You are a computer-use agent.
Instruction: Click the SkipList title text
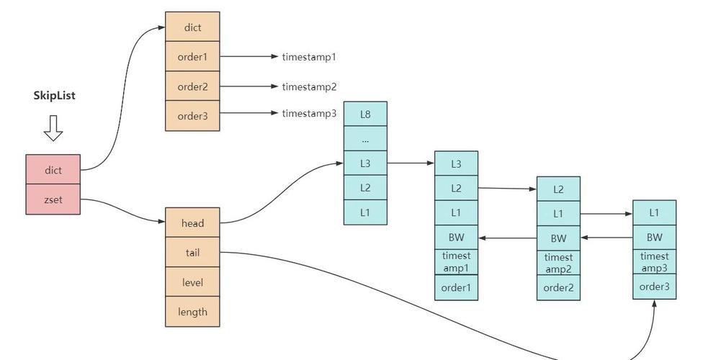(54, 96)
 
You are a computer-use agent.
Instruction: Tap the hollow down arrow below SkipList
(53, 127)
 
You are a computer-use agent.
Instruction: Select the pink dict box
(53, 170)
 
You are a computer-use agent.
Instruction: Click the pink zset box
(53, 199)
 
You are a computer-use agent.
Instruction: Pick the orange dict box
(192, 27)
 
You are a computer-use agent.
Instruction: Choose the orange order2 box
(192, 86)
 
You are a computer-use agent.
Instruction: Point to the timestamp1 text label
(309, 56)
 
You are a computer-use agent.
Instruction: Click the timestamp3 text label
(309, 113)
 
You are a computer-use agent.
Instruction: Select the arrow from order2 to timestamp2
(248, 86)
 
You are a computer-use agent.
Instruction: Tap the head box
(192, 223)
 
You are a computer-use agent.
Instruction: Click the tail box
(192, 253)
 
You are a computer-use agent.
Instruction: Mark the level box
(192, 282)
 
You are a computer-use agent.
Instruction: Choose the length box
(192, 312)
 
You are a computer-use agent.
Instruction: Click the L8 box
(365, 114)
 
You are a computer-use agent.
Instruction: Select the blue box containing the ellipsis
(365, 139)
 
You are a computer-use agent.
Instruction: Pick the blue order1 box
(456, 287)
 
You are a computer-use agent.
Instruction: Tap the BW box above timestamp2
(558, 238)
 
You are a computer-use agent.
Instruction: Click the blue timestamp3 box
(654, 262)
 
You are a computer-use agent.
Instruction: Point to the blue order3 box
(654, 287)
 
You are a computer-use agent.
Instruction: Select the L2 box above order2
(558, 189)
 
